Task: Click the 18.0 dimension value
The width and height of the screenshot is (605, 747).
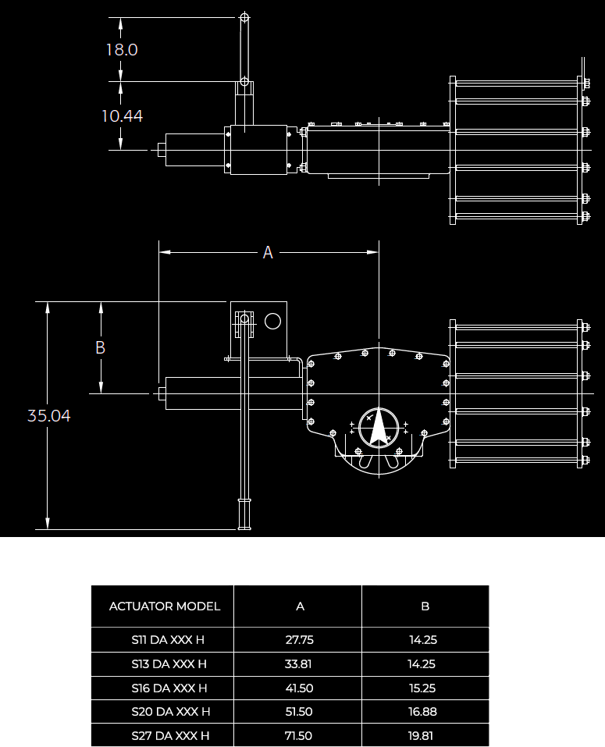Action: click(x=122, y=50)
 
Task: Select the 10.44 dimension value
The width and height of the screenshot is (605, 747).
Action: click(x=122, y=116)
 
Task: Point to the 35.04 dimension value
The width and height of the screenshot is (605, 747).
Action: click(x=49, y=416)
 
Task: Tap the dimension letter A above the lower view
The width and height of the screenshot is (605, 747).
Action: click(x=268, y=253)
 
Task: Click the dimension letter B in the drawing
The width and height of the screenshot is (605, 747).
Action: click(x=100, y=347)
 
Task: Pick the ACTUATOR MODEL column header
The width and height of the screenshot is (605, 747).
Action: click(x=165, y=606)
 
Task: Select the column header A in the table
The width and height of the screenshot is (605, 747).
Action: click(x=300, y=606)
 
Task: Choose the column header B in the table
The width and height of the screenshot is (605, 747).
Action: click(x=425, y=606)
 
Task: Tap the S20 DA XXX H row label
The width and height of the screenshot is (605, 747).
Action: click(x=171, y=712)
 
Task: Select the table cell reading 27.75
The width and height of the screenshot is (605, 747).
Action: click(x=300, y=640)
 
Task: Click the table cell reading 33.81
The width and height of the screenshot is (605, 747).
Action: click(x=300, y=664)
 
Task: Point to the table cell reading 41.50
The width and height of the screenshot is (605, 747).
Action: click(x=300, y=688)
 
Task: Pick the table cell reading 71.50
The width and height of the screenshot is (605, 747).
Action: click(x=300, y=736)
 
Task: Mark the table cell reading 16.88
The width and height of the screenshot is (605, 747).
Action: click(x=422, y=712)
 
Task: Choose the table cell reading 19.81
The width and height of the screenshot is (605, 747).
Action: click(x=422, y=736)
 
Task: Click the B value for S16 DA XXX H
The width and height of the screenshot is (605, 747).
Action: click(x=422, y=688)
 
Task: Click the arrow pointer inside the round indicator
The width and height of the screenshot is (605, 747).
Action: click(x=379, y=429)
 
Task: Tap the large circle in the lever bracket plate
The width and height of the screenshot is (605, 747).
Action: click(x=272, y=321)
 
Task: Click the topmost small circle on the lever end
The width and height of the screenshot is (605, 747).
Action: click(x=244, y=16)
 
